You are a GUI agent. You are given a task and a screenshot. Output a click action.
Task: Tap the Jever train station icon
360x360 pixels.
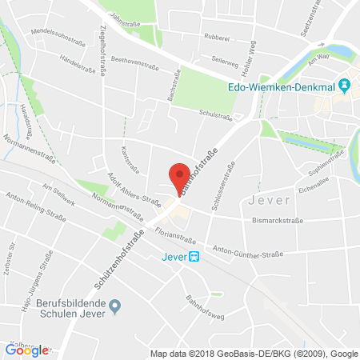194,257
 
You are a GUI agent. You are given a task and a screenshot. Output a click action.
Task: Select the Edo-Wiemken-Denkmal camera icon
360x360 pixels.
345,84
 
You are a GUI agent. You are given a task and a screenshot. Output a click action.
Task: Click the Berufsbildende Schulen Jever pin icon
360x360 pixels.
115,305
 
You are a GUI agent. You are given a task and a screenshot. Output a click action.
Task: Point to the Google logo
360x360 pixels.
26,350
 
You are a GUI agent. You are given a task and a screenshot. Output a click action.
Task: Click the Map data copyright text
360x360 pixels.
254,354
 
